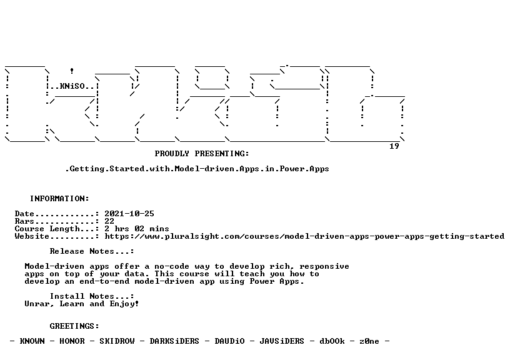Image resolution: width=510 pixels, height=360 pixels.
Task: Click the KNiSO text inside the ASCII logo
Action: (72, 86)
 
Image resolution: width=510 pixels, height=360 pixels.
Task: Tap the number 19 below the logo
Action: (394, 146)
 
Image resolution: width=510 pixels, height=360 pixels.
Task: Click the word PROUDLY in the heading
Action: (172, 154)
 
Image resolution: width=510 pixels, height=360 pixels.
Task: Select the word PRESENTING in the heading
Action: (222, 154)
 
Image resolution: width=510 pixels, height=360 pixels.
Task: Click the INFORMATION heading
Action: (59, 198)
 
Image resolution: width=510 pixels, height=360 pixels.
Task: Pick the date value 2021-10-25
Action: (129, 214)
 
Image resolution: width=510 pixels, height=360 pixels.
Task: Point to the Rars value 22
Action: (109, 221)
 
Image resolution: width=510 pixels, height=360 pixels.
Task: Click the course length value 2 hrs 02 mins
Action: (137, 229)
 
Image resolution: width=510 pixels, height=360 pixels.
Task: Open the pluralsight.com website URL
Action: (304, 236)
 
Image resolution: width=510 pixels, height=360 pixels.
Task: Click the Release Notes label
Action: (92, 251)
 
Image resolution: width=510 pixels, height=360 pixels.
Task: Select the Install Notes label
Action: (92, 296)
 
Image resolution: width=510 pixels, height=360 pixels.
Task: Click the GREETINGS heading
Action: (74, 326)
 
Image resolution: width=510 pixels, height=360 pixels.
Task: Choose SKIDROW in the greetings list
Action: (117, 341)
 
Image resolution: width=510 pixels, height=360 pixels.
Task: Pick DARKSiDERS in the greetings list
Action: (174, 341)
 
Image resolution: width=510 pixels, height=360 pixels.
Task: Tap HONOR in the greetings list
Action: (72, 341)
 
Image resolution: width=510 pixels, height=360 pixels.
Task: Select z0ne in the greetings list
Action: (369, 341)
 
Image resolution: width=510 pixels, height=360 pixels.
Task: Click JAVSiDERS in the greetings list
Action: (282, 341)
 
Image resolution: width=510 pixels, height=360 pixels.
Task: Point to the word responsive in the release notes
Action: (324, 266)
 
